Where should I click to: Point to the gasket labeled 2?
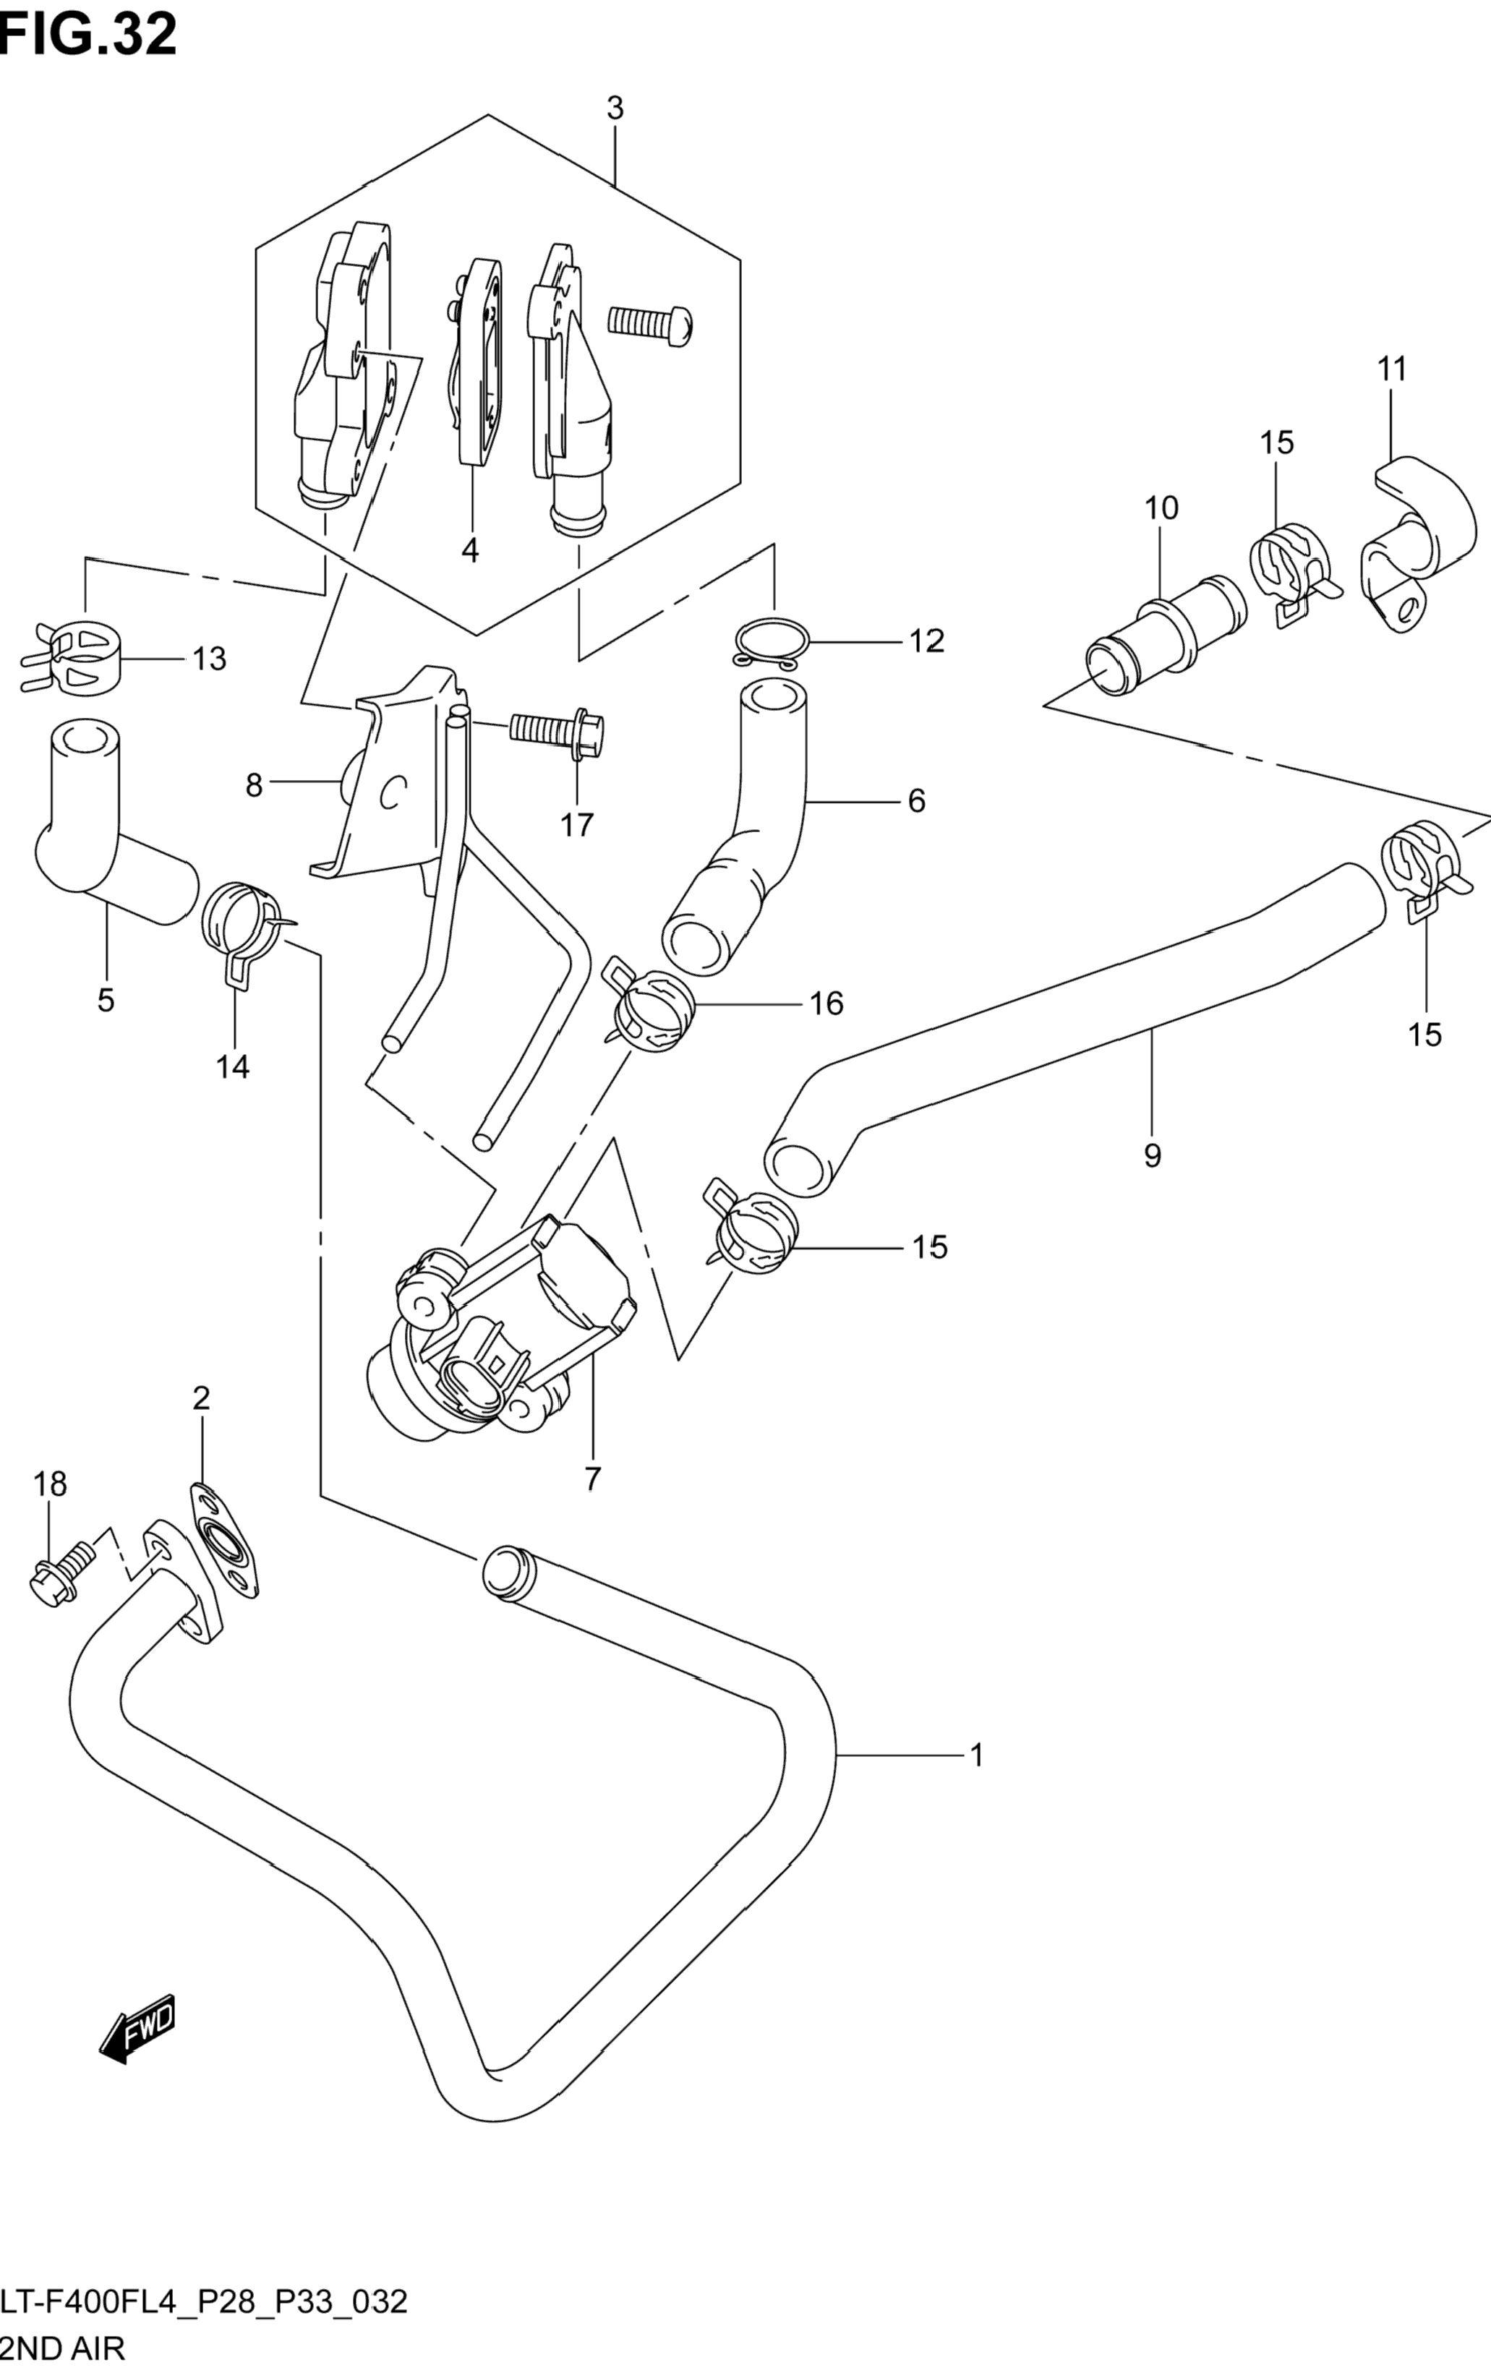[227, 1549]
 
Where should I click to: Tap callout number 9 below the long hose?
[1153, 1155]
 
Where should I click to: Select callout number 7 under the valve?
[591, 1506]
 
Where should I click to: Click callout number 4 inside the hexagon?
[471, 551]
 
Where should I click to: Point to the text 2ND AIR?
[63, 2348]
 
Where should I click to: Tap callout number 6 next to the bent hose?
[916, 801]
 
